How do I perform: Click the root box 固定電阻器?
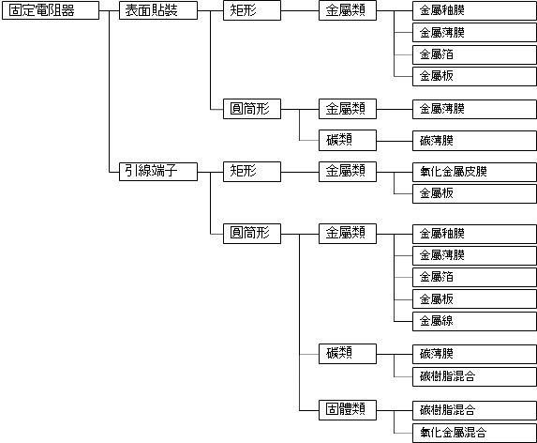(51, 10)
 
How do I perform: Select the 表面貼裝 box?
(158, 10)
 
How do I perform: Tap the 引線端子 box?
(158, 172)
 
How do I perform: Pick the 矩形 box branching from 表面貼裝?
(252, 10)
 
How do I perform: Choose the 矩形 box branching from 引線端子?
(252, 172)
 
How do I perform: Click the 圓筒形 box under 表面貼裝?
(252, 109)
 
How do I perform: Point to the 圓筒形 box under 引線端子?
(252, 234)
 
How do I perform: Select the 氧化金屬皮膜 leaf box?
(474, 172)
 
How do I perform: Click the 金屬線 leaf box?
(474, 321)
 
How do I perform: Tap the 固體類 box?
(348, 410)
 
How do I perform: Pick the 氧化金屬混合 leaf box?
(474, 433)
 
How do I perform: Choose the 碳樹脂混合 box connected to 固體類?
(474, 410)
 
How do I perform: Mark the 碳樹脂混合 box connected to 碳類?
(474, 376)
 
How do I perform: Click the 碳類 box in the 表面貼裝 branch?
(348, 140)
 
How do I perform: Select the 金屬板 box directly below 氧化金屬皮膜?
(474, 193)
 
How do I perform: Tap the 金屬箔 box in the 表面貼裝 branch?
(474, 54)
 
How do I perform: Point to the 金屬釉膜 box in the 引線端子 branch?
(474, 234)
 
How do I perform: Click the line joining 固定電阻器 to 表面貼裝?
(110, 10)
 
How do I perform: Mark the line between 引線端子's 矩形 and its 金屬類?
(300, 172)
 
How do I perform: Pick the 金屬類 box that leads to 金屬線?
(348, 234)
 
